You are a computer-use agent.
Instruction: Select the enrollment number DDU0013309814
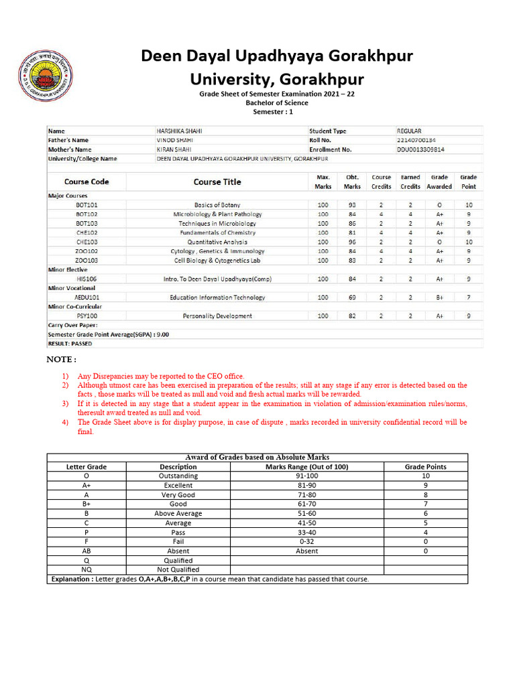[424, 149]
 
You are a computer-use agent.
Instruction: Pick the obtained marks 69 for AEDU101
[352, 297]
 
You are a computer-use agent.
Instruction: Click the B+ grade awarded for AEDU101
[439, 297]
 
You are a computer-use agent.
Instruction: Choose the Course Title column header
[217, 182]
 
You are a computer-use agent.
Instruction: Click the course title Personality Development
[217, 316]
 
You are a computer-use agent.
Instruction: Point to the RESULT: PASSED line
[70, 344]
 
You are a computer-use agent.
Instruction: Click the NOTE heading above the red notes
[61, 360]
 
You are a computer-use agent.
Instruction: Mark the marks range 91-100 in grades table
[306, 476]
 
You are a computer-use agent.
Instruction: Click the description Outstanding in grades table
[178, 476]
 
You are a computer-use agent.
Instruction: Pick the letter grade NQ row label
[87, 569]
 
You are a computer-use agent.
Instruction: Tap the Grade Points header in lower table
[425, 466]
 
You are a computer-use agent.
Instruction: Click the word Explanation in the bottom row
[72, 579]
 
